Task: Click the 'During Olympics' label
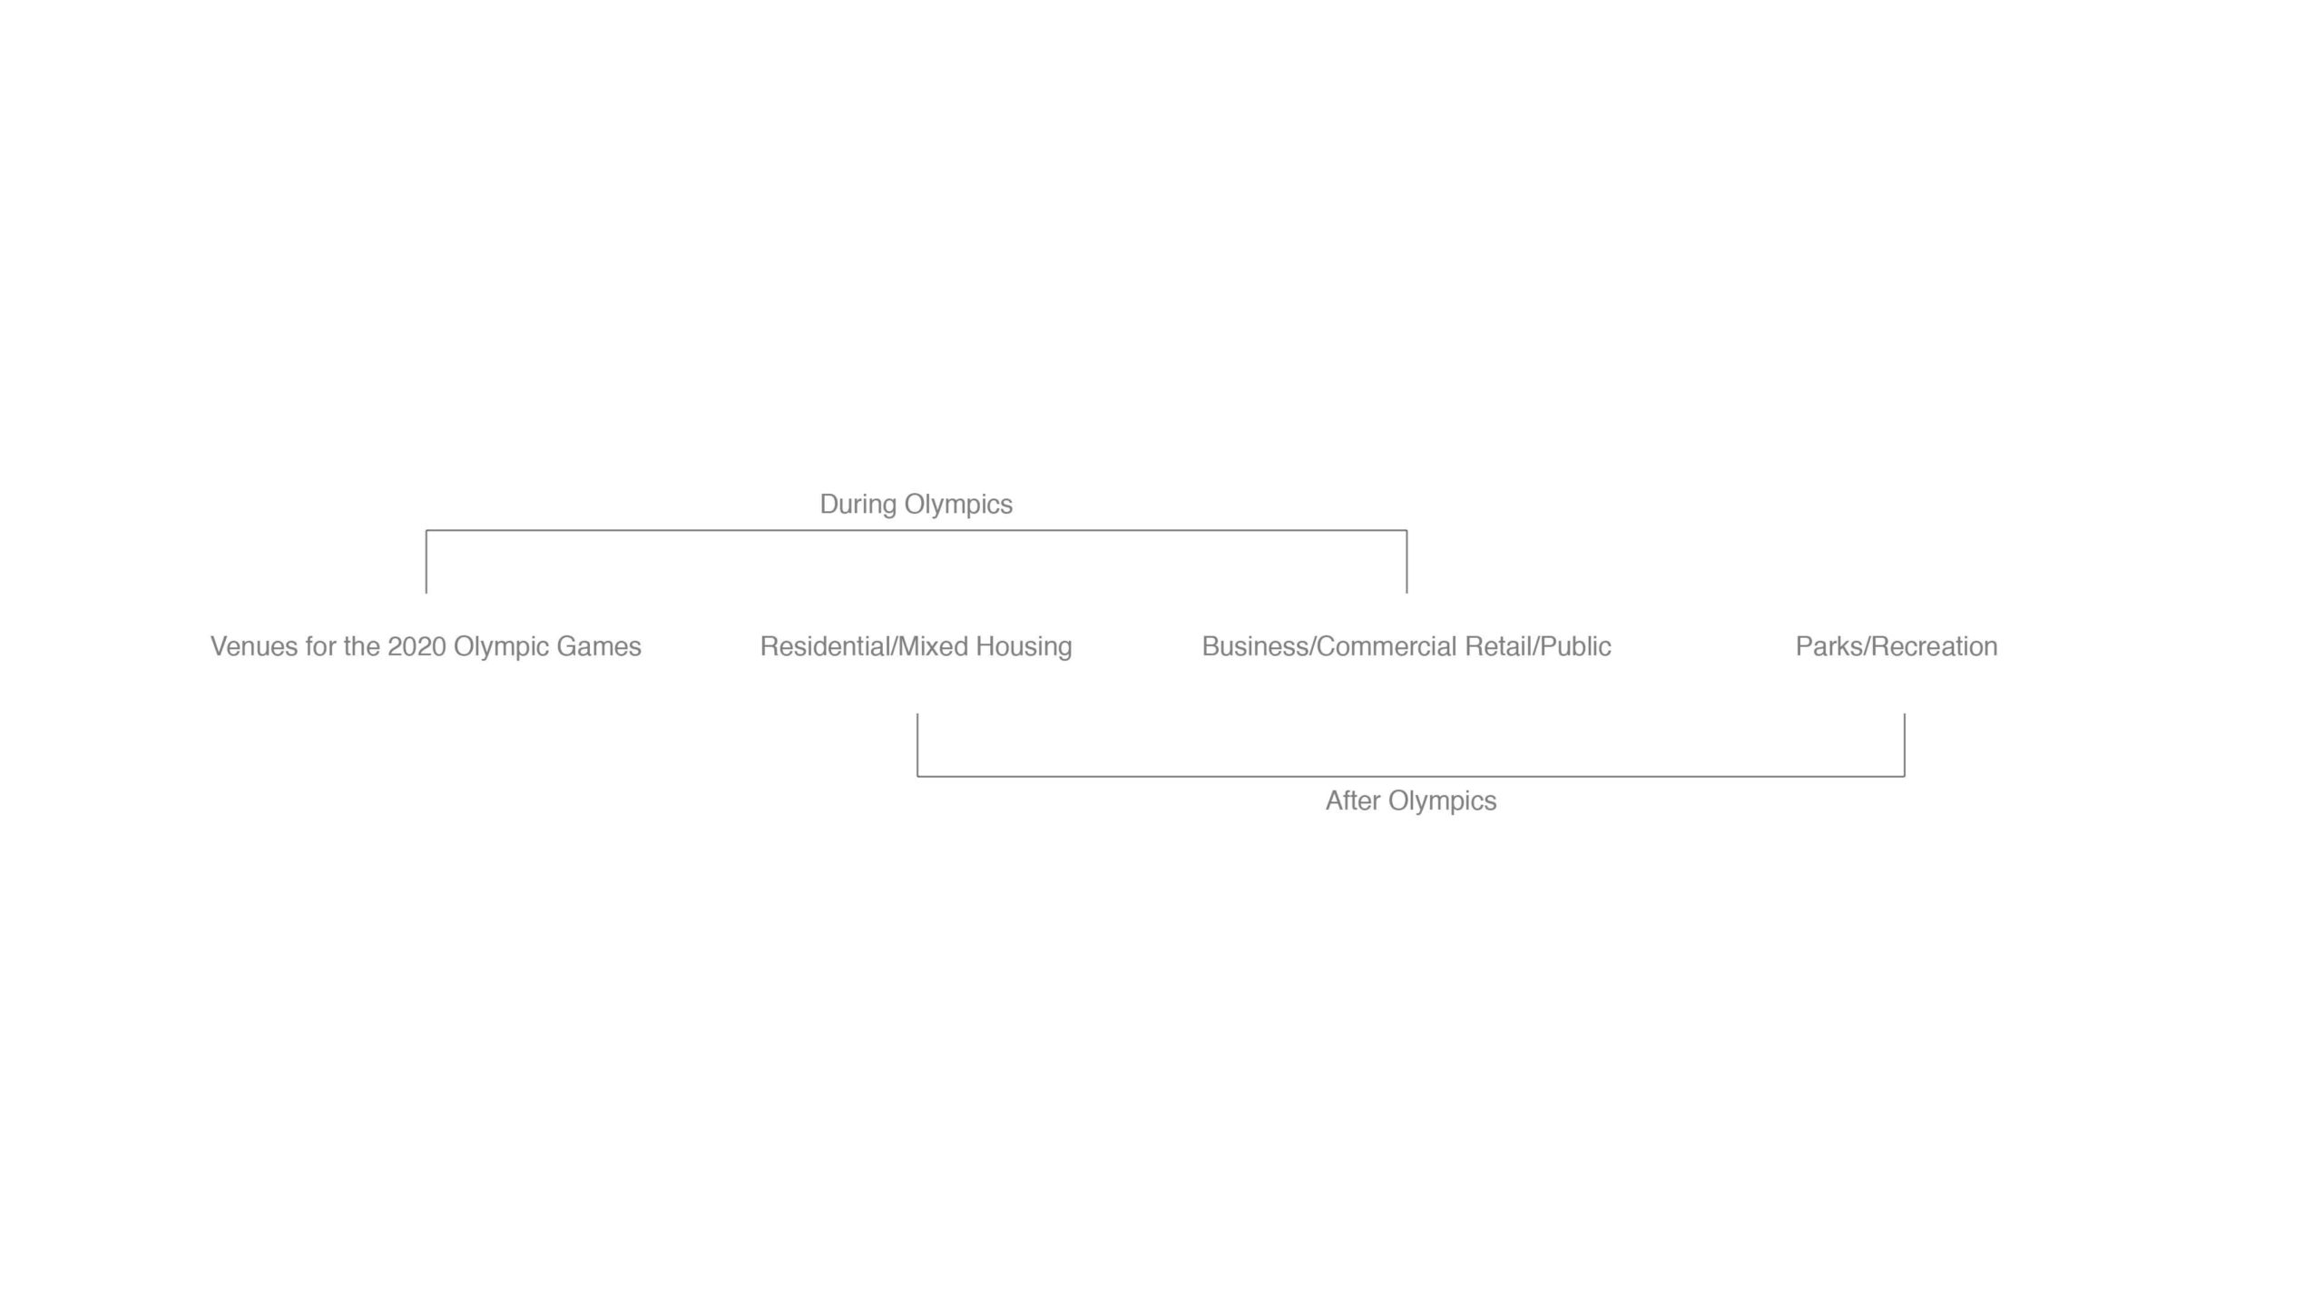pyautogui.click(x=916, y=505)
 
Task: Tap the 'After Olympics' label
pyautogui.click(x=1411, y=801)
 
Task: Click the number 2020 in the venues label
pyautogui.click(x=417, y=646)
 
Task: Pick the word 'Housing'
pyautogui.click(x=1024, y=647)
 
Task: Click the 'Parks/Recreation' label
pyautogui.click(x=1897, y=646)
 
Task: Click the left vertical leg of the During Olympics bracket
pyautogui.click(x=426, y=562)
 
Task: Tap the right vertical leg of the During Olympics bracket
pyautogui.click(x=1407, y=562)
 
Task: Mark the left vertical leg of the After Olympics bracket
pyautogui.click(x=917, y=745)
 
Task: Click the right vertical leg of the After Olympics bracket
pyautogui.click(x=1905, y=745)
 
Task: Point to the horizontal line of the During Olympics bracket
pyautogui.click(x=916, y=530)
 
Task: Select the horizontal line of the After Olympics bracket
pyautogui.click(x=1411, y=777)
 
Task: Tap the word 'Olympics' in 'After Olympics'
pyautogui.click(x=1443, y=801)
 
